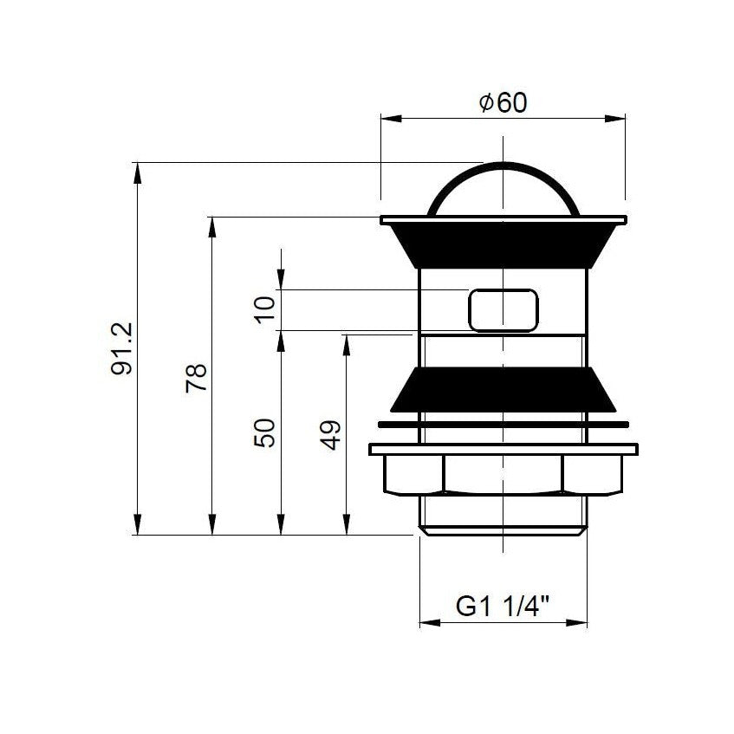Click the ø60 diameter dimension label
[503, 102]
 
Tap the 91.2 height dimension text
[122, 348]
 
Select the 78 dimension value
[196, 378]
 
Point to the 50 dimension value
[264, 433]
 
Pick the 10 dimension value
[264, 310]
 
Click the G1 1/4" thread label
[503, 607]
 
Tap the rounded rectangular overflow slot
[503, 310]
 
